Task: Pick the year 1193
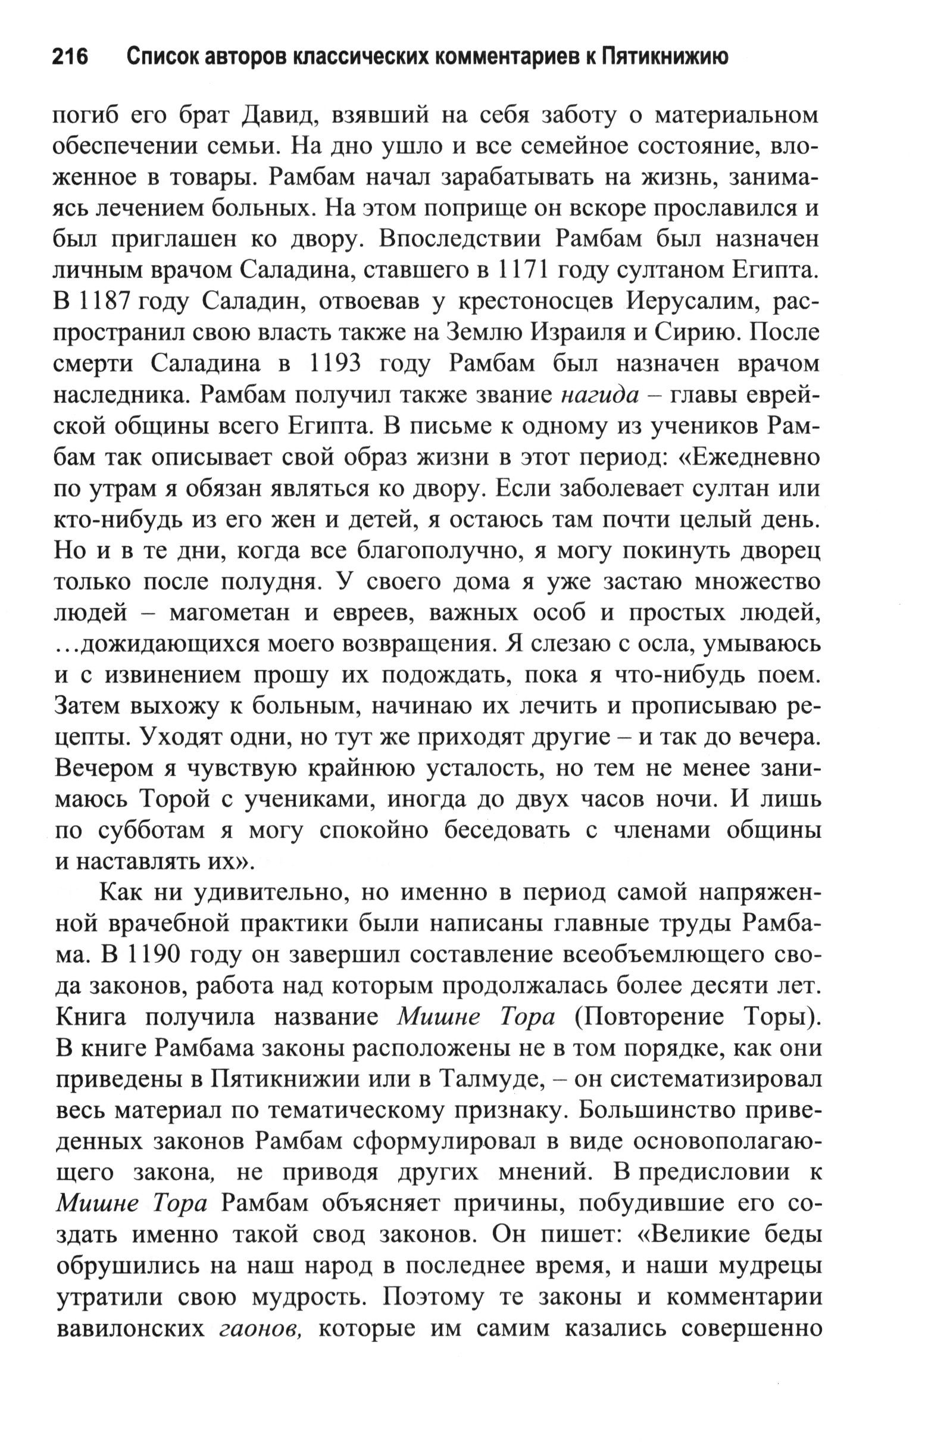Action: pos(334,364)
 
